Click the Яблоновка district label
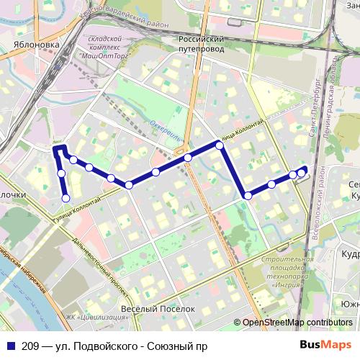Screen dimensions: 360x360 click(x=36, y=44)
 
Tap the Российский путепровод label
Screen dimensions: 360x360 click(x=202, y=43)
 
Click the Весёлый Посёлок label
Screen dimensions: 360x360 click(x=157, y=309)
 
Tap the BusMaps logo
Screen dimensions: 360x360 click(x=325, y=344)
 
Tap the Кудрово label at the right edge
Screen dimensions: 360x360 click(x=351, y=254)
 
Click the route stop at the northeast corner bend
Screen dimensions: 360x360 click(x=220, y=145)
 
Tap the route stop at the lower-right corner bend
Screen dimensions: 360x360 click(x=247, y=195)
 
